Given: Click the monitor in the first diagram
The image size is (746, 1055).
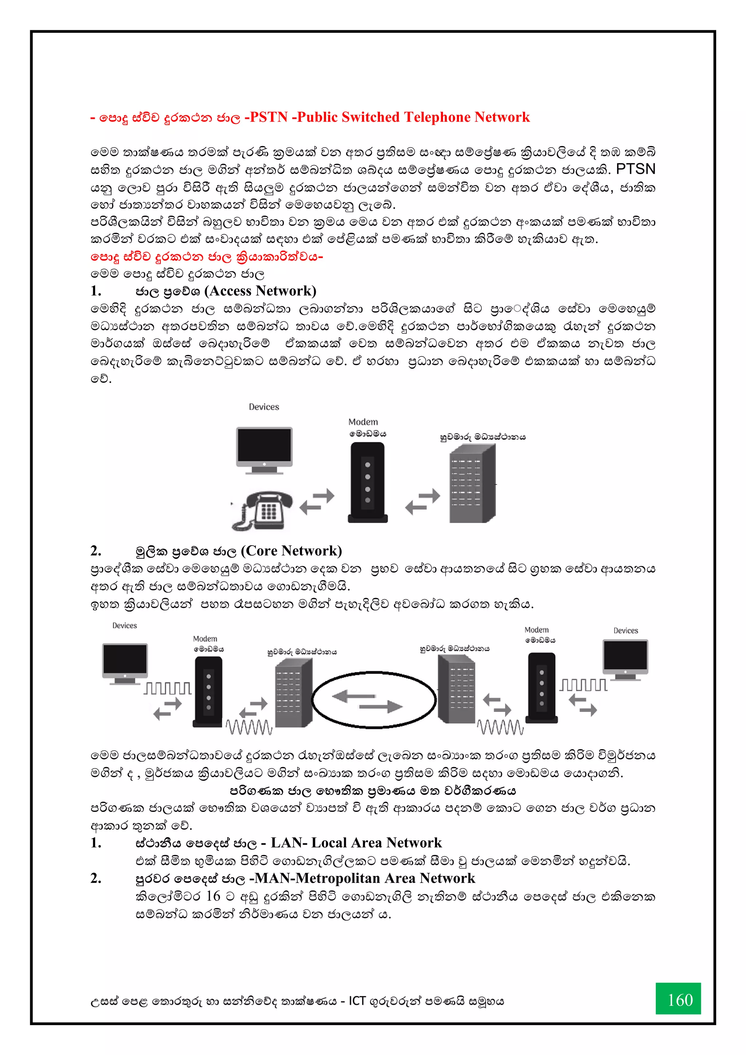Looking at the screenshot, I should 264,449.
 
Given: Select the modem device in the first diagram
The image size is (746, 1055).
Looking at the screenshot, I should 368,482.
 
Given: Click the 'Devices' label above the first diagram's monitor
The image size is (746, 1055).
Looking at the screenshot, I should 264,407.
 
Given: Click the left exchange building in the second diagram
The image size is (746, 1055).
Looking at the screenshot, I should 294,693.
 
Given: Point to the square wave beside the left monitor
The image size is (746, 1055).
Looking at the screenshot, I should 168,688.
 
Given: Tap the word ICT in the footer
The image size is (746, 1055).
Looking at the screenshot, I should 357,1000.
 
